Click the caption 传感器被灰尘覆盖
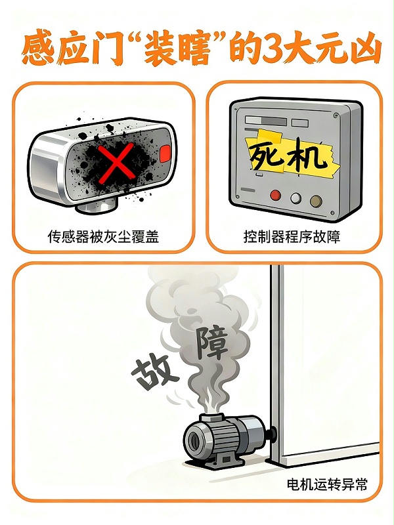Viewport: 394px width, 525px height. point(103,236)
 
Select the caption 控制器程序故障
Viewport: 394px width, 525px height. point(292,236)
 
